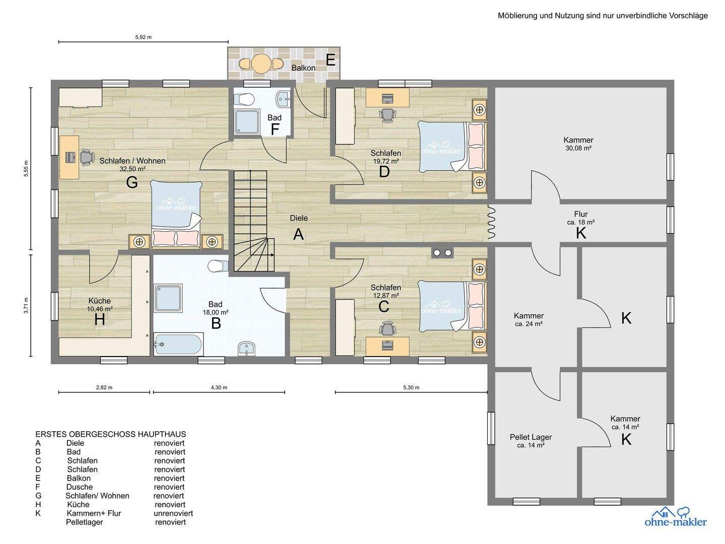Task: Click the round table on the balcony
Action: (261, 63)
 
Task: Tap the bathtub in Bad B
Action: (178, 344)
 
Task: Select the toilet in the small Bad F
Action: (243, 99)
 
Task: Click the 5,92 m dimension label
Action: (143, 37)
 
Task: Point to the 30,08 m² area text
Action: (578, 148)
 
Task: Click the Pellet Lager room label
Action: (531, 437)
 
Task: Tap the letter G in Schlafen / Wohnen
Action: (132, 182)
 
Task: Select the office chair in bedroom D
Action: (387, 115)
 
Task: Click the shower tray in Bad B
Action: (168, 298)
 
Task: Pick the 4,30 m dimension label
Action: (219, 387)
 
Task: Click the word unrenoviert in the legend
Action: (173, 513)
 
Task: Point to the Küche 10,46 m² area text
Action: (100, 309)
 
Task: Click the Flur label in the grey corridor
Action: (581, 214)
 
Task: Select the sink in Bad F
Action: (284, 99)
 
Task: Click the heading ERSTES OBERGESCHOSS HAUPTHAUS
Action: (111, 434)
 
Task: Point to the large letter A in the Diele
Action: (298, 234)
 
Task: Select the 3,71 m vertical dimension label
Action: (26, 306)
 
